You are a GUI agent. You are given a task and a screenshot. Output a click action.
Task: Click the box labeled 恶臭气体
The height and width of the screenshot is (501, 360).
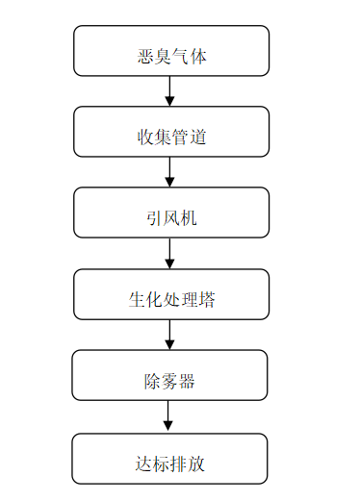coord(171,51)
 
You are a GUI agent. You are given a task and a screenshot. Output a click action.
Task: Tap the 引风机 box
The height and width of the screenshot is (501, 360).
coord(171,213)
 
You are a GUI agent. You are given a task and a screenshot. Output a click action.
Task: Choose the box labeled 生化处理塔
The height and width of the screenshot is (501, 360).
coord(171,294)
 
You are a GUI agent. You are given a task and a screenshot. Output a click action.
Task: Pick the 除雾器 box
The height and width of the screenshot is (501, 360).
coord(171,375)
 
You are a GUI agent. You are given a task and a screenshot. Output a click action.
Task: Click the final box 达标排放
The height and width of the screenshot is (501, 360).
coord(171,459)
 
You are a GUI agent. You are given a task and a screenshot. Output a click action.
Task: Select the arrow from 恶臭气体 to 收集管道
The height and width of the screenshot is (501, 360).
coord(170,90)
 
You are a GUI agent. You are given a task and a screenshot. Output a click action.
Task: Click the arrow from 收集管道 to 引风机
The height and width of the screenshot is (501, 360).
coord(170,172)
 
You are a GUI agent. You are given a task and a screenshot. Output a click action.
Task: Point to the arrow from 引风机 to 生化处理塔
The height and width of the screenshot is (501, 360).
coord(170,254)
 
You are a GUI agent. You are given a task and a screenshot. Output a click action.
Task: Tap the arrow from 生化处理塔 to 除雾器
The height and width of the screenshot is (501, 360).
coord(170,335)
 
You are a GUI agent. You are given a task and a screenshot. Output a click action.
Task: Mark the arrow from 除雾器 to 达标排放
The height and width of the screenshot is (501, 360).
coord(169,416)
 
